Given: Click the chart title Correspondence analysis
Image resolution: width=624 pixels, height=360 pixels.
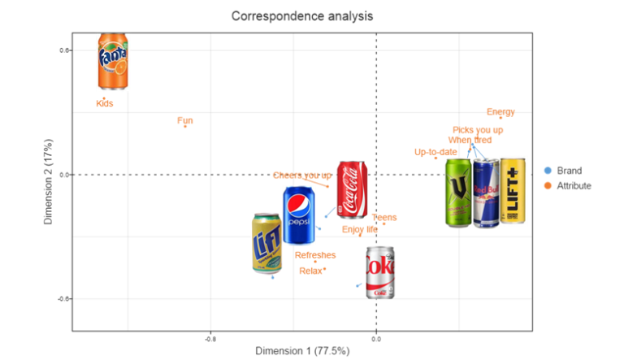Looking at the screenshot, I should (x=302, y=15).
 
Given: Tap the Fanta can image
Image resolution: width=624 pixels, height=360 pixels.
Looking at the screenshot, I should (x=113, y=61).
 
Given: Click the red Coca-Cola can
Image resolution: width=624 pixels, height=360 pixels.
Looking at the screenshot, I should (x=352, y=189).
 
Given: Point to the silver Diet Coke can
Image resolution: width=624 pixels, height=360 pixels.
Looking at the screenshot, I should (x=379, y=272).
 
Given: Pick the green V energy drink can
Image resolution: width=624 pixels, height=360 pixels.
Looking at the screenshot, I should (x=459, y=193).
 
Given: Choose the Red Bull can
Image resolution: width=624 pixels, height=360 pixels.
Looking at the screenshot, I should (x=486, y=193).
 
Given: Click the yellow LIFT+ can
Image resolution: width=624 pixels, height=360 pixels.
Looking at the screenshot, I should (x=513, y=192).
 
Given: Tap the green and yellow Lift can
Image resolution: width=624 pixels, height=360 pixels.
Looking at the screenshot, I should (x=266, y=242).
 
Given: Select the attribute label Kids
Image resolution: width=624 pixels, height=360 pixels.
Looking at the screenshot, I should (x=105, y=103).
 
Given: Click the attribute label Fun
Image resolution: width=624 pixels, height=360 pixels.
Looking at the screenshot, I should (x=185, y=120).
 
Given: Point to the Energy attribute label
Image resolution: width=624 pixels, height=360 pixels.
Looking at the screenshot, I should (x=500, y=112).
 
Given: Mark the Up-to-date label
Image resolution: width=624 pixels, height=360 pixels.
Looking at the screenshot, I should (x=435, y=152).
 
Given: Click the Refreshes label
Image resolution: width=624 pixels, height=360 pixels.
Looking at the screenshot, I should (x=315, y=255).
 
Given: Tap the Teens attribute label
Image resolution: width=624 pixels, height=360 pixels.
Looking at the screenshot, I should (x=384, y=218).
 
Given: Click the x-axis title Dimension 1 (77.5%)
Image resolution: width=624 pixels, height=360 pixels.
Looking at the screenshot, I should (x=302, y=351).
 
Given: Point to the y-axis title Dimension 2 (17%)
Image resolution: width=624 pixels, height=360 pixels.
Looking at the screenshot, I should (x=49, y=184).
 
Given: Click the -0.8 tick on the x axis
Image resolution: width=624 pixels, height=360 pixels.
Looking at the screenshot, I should (x=210, y=336).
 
